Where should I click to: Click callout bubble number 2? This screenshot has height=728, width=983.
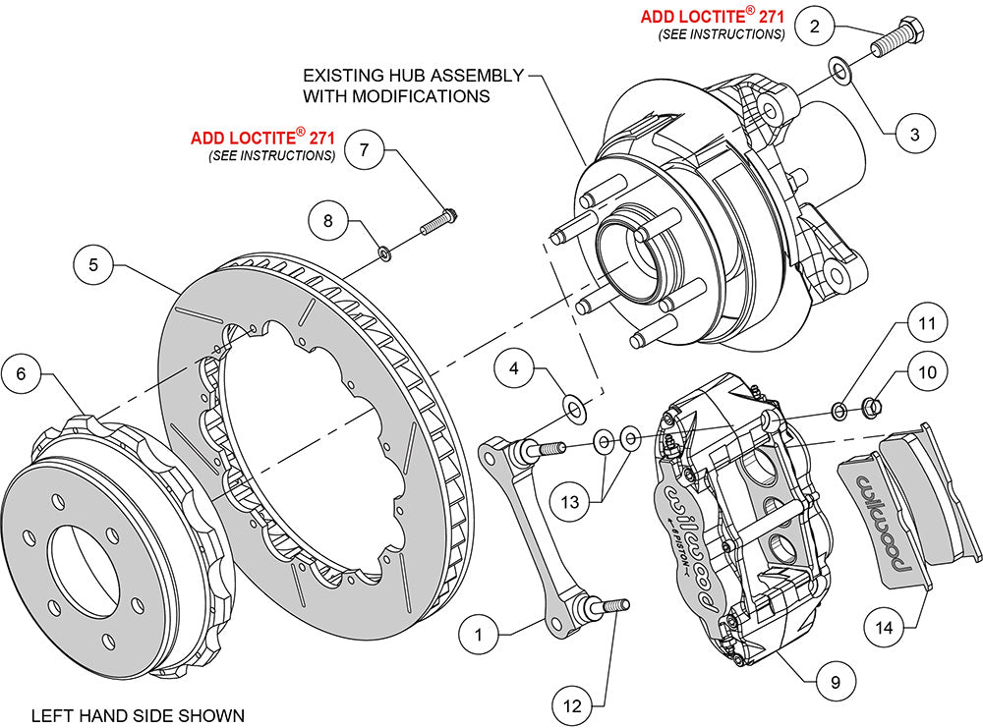[x=814, y=27]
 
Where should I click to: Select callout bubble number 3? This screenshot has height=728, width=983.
[x=914, y=134]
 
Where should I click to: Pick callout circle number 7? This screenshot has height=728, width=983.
[x=364, y=150]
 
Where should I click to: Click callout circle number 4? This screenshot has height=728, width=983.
[x=513, y=369]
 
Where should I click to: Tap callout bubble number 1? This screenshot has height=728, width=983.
[x=479, y=635]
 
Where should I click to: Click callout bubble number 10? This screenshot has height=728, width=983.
[x=927, y=372]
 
